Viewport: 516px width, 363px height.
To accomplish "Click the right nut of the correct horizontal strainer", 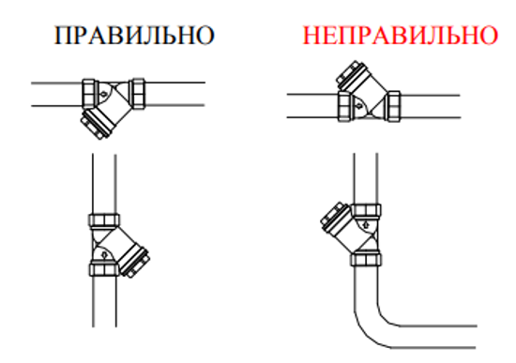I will pyautogui.click(x=137, y=95).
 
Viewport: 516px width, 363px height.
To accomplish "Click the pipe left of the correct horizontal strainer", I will pyautogui.click(x=56, y=95).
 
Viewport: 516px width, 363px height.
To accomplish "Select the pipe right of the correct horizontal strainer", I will pyautogui.click(x=174, y=95).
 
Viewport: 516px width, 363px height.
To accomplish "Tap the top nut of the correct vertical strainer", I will pyautogui.click(x=102, y=221).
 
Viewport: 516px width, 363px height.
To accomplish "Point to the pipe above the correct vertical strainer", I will pyautogui.click(x=102, y=183).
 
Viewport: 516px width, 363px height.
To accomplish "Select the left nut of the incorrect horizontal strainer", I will pyautogui.click(x=342, y=104).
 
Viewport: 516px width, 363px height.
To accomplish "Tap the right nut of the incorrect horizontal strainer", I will pyautogui.click(x=392, y=104).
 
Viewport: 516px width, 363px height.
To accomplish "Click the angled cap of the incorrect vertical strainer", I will pyautogui.click(x=332, y=218).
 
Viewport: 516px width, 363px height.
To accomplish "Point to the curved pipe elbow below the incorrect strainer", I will pyautogui.click(x=380, y=314).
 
